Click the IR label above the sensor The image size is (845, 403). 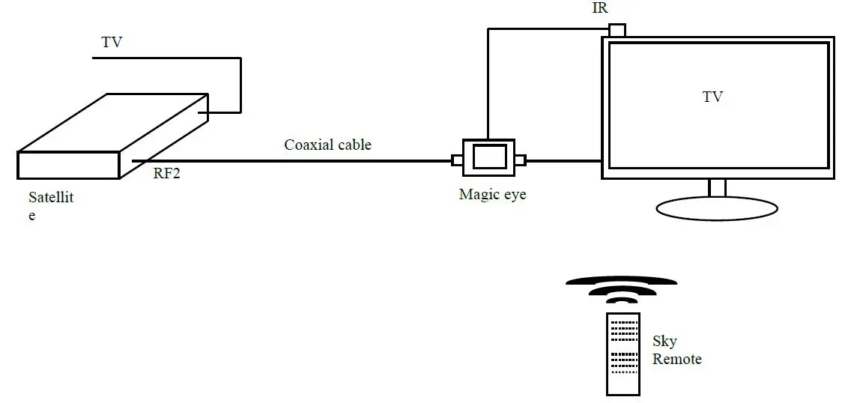(599, 9)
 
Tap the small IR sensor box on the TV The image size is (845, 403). (617, 30)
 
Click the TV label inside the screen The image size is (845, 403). (712, 97)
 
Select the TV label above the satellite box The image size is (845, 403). (112, 43)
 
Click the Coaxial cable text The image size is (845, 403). (327, 145)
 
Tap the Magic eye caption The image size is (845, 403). (492, 195)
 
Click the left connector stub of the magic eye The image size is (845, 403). (457, 160)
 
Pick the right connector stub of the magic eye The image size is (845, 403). (520, 160)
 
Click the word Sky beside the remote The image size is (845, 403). (664, 342)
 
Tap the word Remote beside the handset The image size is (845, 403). (676, 360)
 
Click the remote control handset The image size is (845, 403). (623, 354)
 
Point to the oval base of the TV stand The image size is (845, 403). (717, 209)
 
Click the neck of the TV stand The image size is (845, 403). (717, 188)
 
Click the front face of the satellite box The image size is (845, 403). (68, 165)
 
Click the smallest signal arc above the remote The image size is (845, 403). (622, 301)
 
